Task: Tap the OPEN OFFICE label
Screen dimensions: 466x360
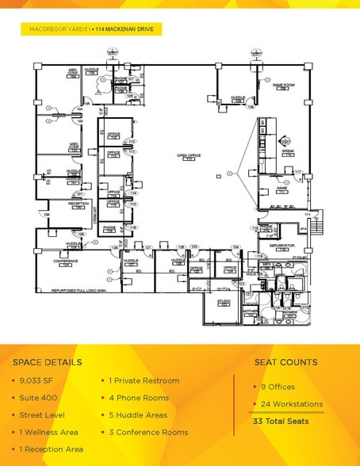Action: coord(189,156)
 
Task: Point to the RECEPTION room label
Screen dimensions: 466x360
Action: coord(79,204)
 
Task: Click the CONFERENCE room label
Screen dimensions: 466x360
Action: coord(66,261)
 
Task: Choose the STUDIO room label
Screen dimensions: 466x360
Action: coord(224,301)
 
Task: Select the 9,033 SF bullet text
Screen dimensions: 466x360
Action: coord(36,380)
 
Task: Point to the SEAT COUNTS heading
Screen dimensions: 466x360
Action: coord(285,362)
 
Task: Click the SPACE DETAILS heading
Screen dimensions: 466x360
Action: coord(47,362)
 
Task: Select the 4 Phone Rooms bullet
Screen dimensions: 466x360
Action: coord(137,397)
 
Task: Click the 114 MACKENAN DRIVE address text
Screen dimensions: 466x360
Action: coord(127,29)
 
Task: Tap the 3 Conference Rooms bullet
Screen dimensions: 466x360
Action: coord(147,432)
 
